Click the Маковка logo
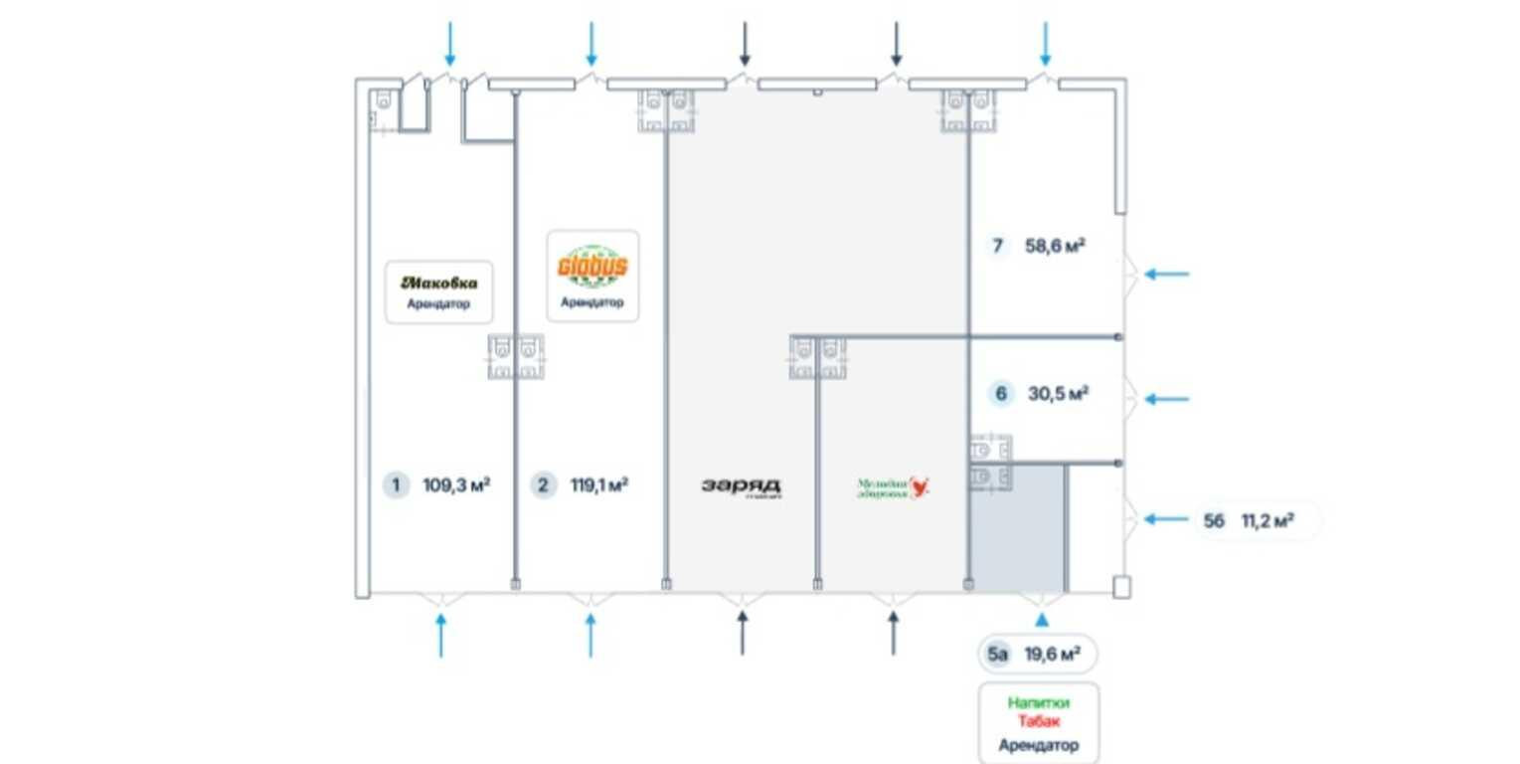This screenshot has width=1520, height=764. click(x=438, y=283)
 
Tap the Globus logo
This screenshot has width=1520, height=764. click(x=592, y=268)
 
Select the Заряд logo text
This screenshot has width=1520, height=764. click(x=742, y=486)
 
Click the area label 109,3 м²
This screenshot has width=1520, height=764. click(x=456, y=485)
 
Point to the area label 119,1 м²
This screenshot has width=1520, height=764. click(x=598, y=485)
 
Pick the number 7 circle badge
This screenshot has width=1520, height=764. click(x=999, y=246)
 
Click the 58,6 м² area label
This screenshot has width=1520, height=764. click(x=1054, y=246)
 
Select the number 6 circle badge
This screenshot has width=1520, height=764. click(x=1001, y=394)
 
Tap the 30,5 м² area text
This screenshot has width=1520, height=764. click(x=1058, y=394)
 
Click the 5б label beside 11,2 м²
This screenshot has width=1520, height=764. click(x=1214, y=520)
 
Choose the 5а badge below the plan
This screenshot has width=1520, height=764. click(x=998, y=655)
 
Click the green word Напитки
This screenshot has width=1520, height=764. click(x=1039, y=702)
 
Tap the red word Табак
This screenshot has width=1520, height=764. click(x=1039, y=723)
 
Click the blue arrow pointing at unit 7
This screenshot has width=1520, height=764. click(x=1165, y=274)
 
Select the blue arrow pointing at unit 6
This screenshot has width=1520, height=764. click(x=1165, y=399)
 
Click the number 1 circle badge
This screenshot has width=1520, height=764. click(x=396, y=485)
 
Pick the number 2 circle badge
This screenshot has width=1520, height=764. click(x=543, y=485)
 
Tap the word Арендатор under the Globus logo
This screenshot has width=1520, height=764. click(x=592, y=302)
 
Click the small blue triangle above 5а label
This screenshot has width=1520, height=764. click(x=1041, y=620)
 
